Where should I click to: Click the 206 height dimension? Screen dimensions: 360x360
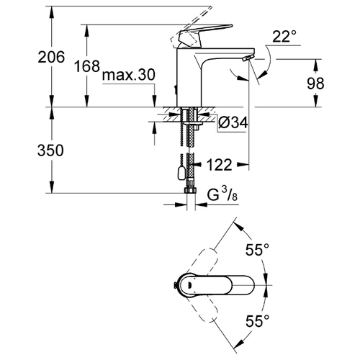pyautogui.click(x=51, y=57)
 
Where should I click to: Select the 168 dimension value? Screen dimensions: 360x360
pyautogui.click(x=86, y=66)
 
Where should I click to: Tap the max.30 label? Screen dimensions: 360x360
pyautogui.click(x=128, y=75)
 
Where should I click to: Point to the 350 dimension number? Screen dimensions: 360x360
pyautogui.click(x=50, y=150)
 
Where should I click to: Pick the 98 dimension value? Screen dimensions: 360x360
pyautogui.click(x=315, y=83)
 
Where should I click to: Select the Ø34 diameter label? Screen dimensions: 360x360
pyautogui.click(x=233, y=123)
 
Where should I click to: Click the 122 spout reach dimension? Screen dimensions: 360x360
pyautogui.click(x=219, y=165)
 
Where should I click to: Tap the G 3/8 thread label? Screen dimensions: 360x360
pyautogui.click(x=222, y=194)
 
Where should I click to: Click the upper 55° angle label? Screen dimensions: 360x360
pyautogui.click(x=257, y=250)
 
